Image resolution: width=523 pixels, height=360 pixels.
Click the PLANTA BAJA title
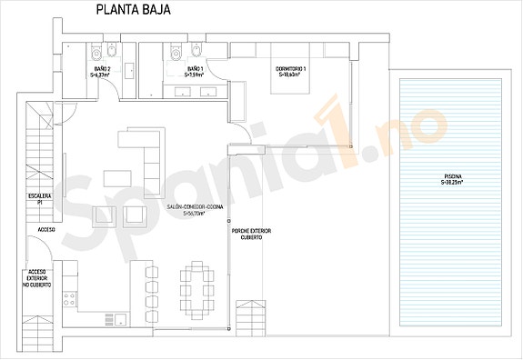[131, 11]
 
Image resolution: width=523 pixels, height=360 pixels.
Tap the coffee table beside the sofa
[115, 176]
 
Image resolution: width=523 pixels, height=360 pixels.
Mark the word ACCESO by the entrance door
[46, 230]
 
